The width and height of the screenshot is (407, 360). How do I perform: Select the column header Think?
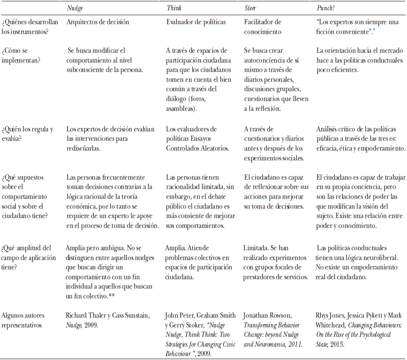(x=174, y=8)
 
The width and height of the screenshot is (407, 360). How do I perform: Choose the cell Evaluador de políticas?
(x=195, y=21)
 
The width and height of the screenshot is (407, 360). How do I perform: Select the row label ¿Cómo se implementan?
(x=22, y=55)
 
